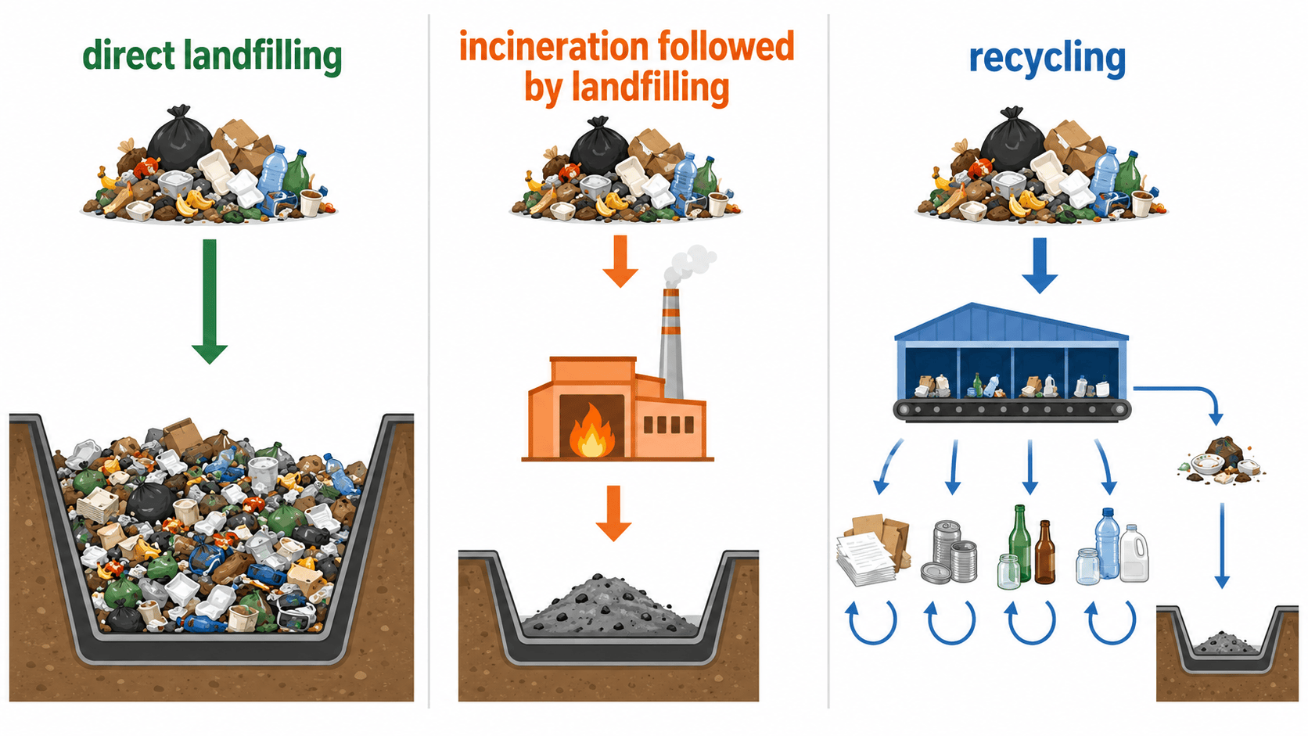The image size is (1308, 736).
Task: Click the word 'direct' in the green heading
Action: coord(128,56)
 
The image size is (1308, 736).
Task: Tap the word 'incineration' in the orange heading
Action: coord(553,47)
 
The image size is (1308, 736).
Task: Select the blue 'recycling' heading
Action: coord(1047,59)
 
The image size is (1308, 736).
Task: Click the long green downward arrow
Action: coord(210,301)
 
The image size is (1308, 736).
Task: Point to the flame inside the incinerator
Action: coord(591,431)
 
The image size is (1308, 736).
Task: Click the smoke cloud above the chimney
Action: coord(689,264)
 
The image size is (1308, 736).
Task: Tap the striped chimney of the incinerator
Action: coord(671,343)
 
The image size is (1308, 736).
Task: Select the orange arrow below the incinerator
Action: coord(613,513)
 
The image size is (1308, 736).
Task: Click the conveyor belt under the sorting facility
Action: coord(1012,410)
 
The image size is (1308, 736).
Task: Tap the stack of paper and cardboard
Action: coord(873,549)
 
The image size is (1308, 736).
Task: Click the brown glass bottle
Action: coord(1044,552)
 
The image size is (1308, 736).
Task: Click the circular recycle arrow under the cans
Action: coord(950,622)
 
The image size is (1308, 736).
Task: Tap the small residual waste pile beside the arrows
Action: coord(1221,461)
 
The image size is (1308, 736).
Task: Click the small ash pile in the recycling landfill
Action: coord(1225,643)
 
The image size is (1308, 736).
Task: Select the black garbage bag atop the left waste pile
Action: coord(179,139)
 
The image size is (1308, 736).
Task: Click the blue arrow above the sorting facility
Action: coord(1040,266)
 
